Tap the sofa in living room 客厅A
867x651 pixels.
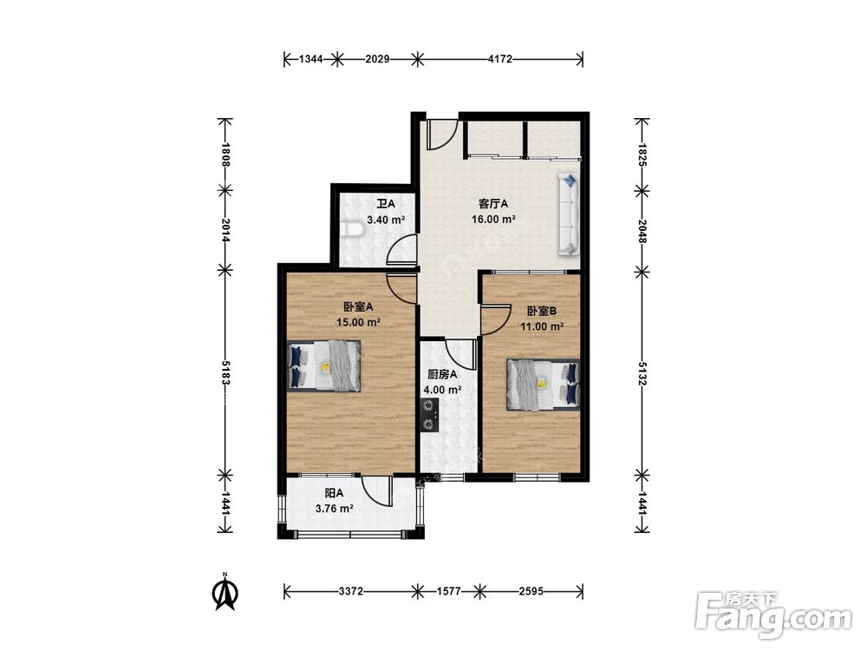(569, 214)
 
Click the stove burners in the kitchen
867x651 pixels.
(429, 415)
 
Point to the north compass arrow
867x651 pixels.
(225, 591)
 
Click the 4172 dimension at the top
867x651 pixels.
(500, 59)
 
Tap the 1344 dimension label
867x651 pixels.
(310, 59)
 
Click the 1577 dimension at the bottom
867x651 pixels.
(448, 591)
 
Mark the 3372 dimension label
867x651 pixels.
(350, 591)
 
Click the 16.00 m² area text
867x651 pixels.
(493, 220)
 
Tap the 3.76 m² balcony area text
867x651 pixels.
(335, 508)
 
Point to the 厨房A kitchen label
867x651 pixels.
(442, 375)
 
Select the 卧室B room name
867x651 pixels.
(541, 312)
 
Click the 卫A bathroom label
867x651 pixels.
(386, 204)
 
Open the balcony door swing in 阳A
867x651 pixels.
(376, 490)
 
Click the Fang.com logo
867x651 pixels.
(773, 615)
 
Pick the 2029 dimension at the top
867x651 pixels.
(377, 59)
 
